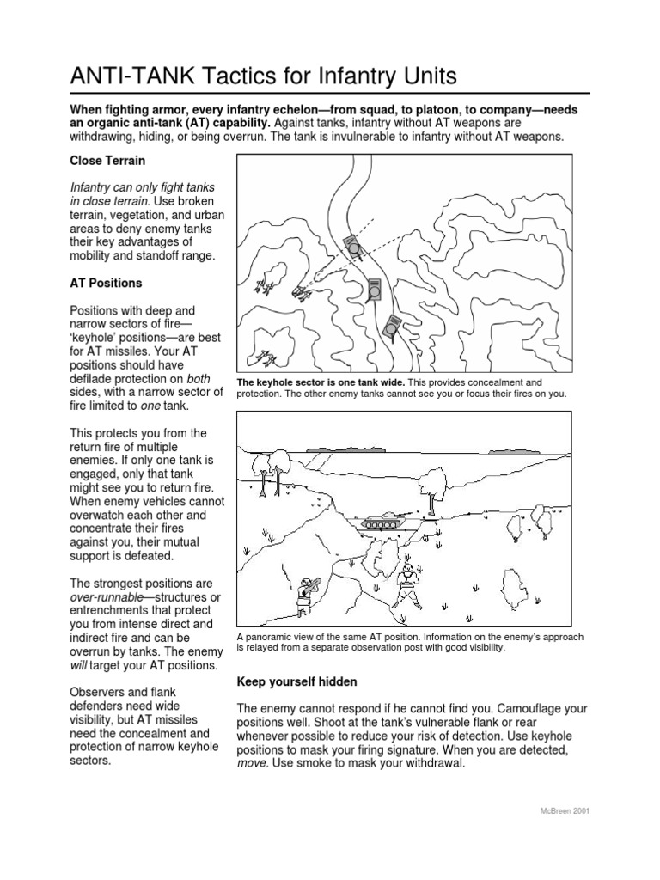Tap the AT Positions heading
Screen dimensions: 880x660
tap(106, 283)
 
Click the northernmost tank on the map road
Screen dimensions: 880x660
tap(351, 247)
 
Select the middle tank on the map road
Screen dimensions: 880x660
tap(374, 290)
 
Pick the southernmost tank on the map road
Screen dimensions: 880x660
tap(393, 327)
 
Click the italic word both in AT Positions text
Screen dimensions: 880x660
tap(198, 377)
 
